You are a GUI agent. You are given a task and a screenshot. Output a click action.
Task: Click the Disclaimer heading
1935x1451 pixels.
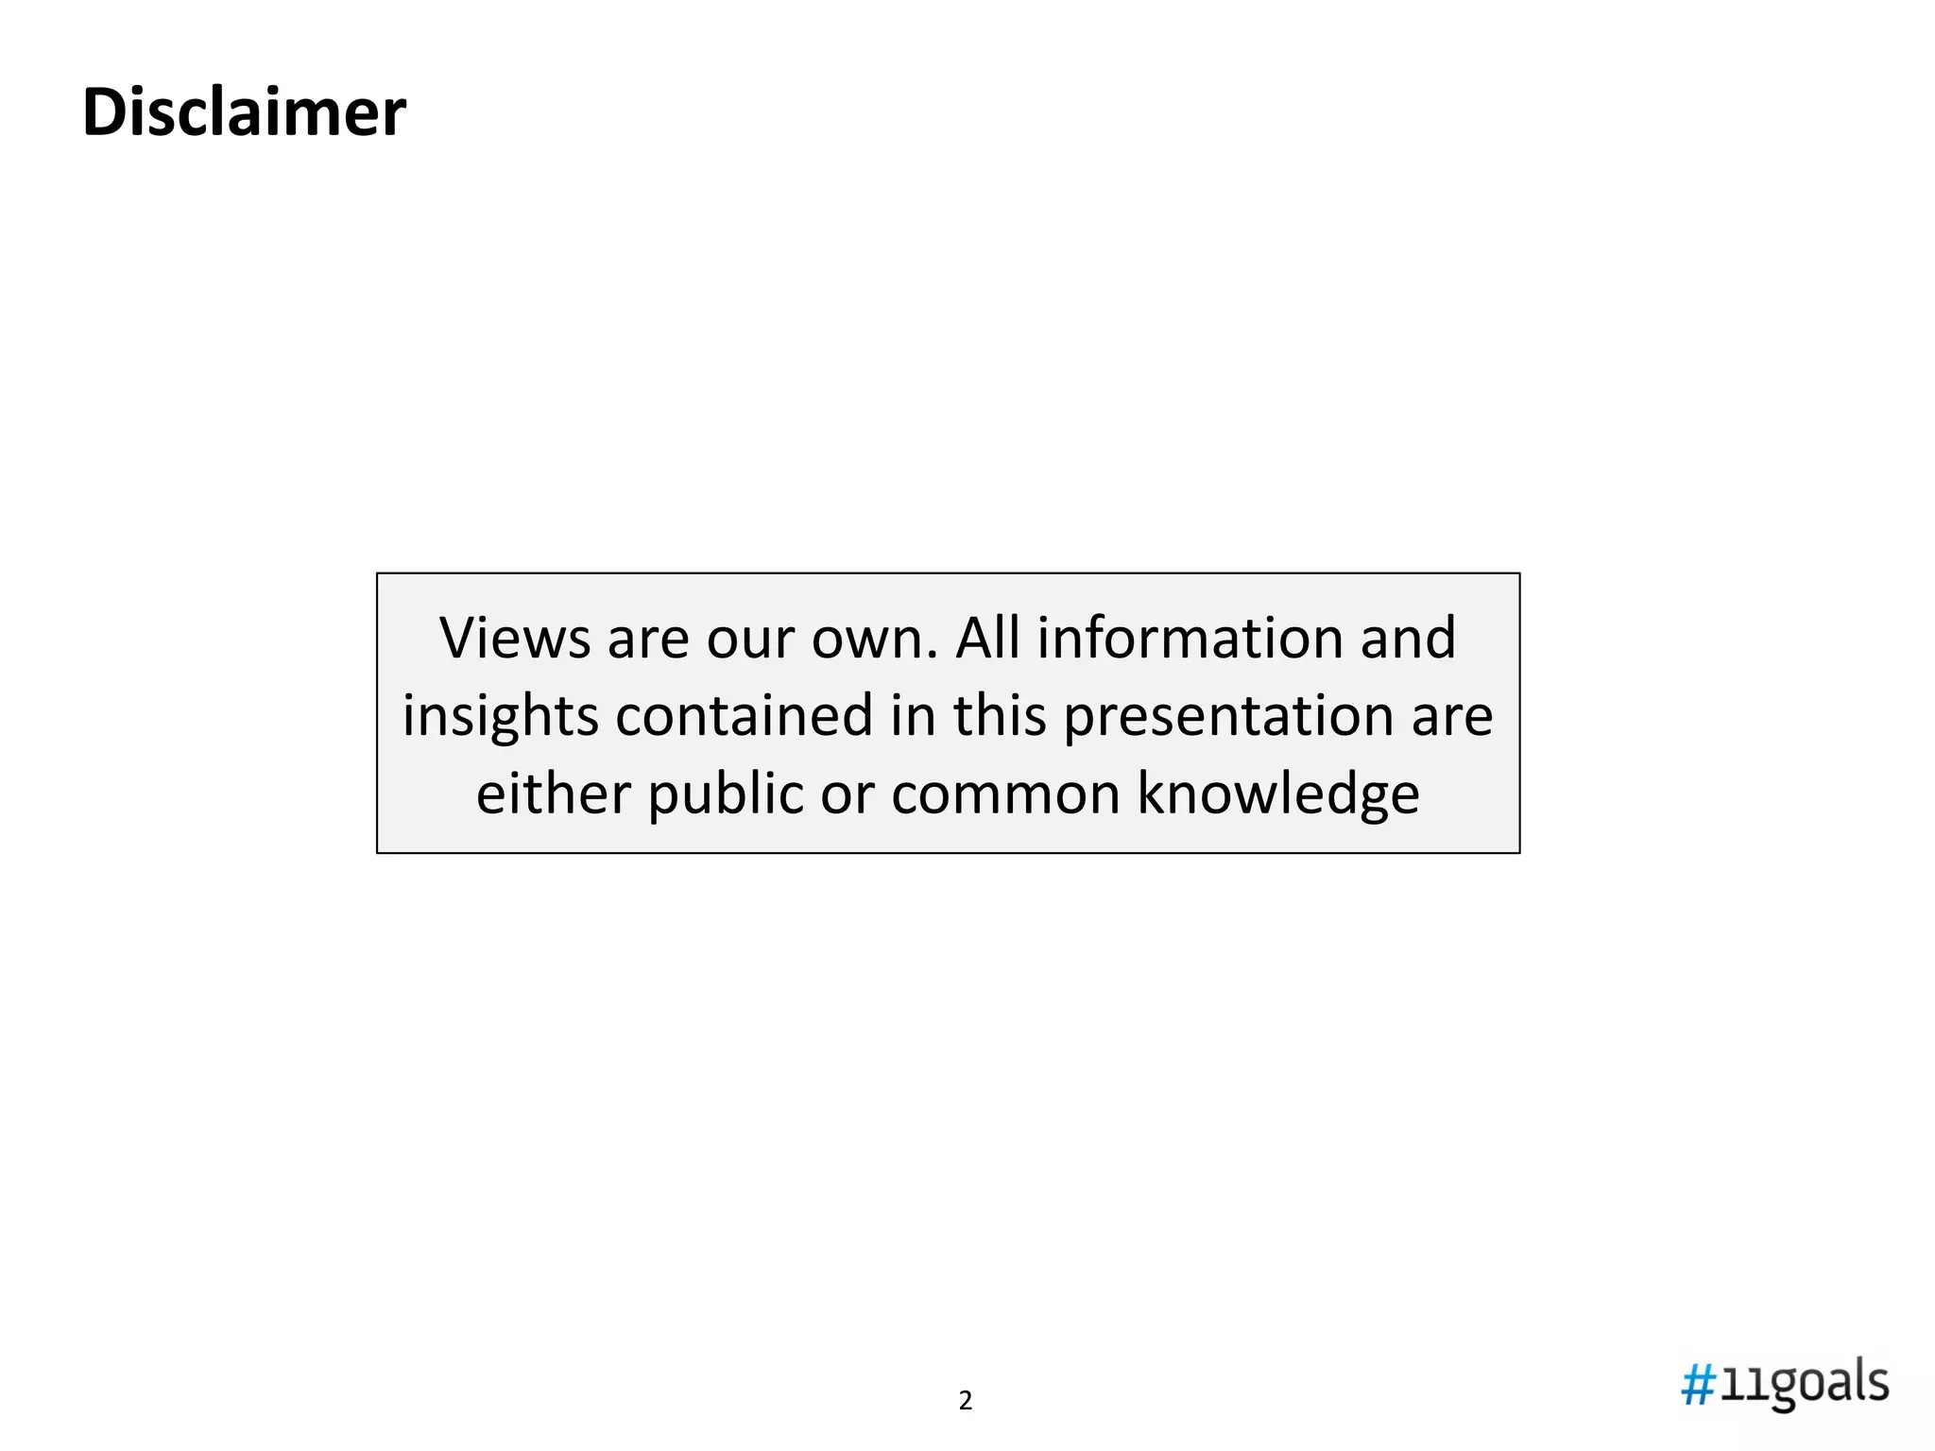(x=244, y=112)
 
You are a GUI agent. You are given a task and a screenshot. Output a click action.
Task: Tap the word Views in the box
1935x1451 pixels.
(x=514, y=638)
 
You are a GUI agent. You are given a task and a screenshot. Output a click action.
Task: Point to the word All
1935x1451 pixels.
(x=987, y=638)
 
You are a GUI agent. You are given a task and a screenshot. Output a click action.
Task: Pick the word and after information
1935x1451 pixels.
(x=1408, y=638)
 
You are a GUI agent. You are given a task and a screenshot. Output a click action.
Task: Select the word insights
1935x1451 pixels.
(x=500, y=715)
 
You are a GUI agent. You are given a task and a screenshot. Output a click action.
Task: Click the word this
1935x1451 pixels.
(x=1000, y=715)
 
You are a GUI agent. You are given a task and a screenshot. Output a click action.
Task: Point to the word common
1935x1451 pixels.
(x=1005, y=794)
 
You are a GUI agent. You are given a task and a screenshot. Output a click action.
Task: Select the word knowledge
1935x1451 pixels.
(x=1277, y=793)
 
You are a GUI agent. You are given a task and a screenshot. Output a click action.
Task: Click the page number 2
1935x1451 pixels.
(x=965, y=1400)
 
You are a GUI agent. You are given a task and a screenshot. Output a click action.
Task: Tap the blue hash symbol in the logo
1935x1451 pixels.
(x=1699, y=1386)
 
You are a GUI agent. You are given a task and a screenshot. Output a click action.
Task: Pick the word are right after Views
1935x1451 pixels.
(x=648, y=640)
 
